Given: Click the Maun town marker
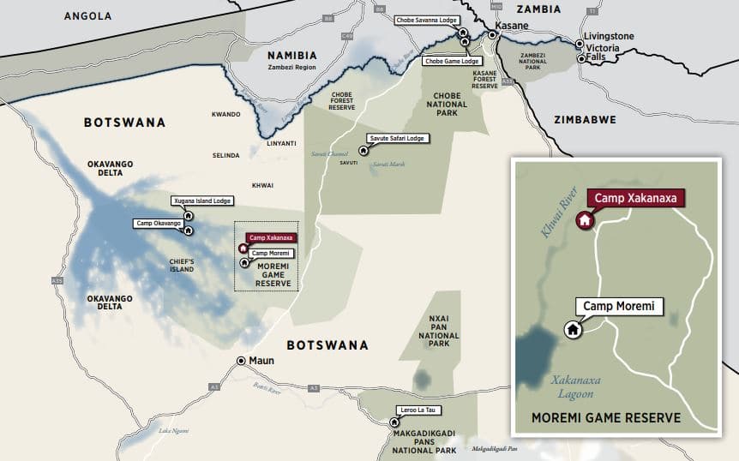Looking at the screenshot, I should coord(242,361).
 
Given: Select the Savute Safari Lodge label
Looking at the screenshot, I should coord(397,137).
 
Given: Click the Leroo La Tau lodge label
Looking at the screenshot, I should coord(418,410).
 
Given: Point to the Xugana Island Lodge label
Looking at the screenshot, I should coord(201,201).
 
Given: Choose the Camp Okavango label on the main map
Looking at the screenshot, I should coord(159,224).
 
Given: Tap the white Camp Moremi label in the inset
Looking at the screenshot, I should coord(619,306).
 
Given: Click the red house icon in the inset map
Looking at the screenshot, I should coord(585,220).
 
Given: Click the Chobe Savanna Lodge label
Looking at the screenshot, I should coord(425,19).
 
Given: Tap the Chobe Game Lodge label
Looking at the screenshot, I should coord(452,61).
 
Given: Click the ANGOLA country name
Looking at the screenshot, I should coord(87,16).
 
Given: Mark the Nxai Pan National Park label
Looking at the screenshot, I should coord(438,330).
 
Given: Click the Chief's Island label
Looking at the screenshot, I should coord(182,265).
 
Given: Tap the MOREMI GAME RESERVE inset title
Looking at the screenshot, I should coord(606,418).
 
